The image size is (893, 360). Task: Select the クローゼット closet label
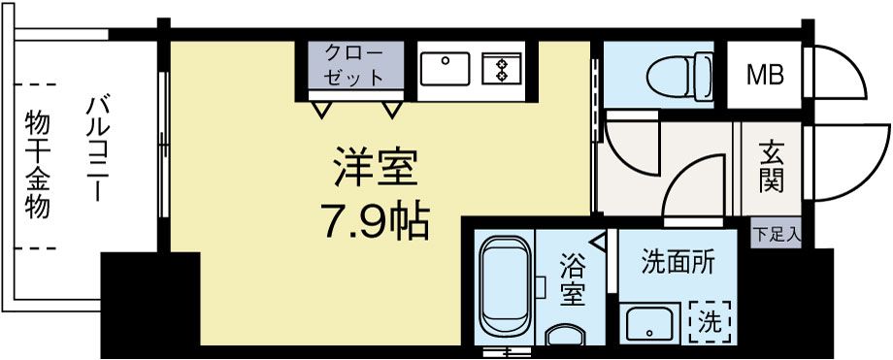click(x=353, y=65)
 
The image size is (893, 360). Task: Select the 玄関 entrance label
click(x=773, y=167)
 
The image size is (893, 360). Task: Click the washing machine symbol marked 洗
click(x=710, y=318)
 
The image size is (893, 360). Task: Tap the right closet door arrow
click(x=391, y=108)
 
